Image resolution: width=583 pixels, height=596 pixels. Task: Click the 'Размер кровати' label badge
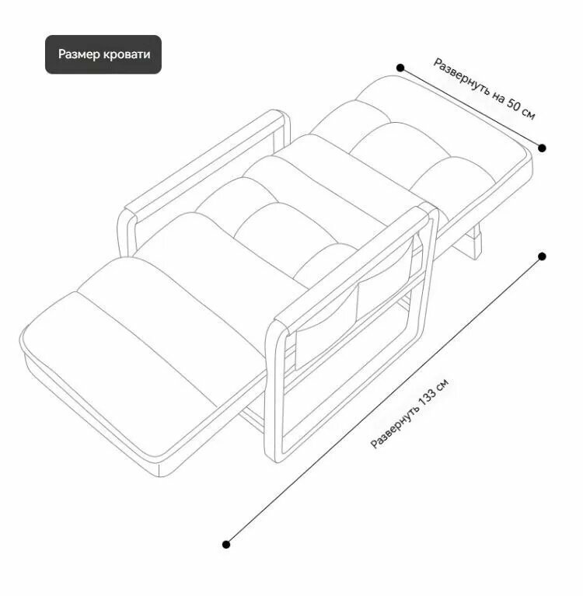(103, 54)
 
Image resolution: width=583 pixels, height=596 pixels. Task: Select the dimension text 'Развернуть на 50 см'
(484, 89)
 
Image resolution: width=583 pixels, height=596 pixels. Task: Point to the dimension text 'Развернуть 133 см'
(410, 413)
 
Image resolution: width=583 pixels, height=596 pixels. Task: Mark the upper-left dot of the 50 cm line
(400, 68)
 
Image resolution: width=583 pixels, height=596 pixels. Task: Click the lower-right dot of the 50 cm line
(542, 148)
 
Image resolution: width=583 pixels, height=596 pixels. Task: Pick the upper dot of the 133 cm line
(542, 256)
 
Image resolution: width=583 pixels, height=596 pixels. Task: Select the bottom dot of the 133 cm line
(226, 544)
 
